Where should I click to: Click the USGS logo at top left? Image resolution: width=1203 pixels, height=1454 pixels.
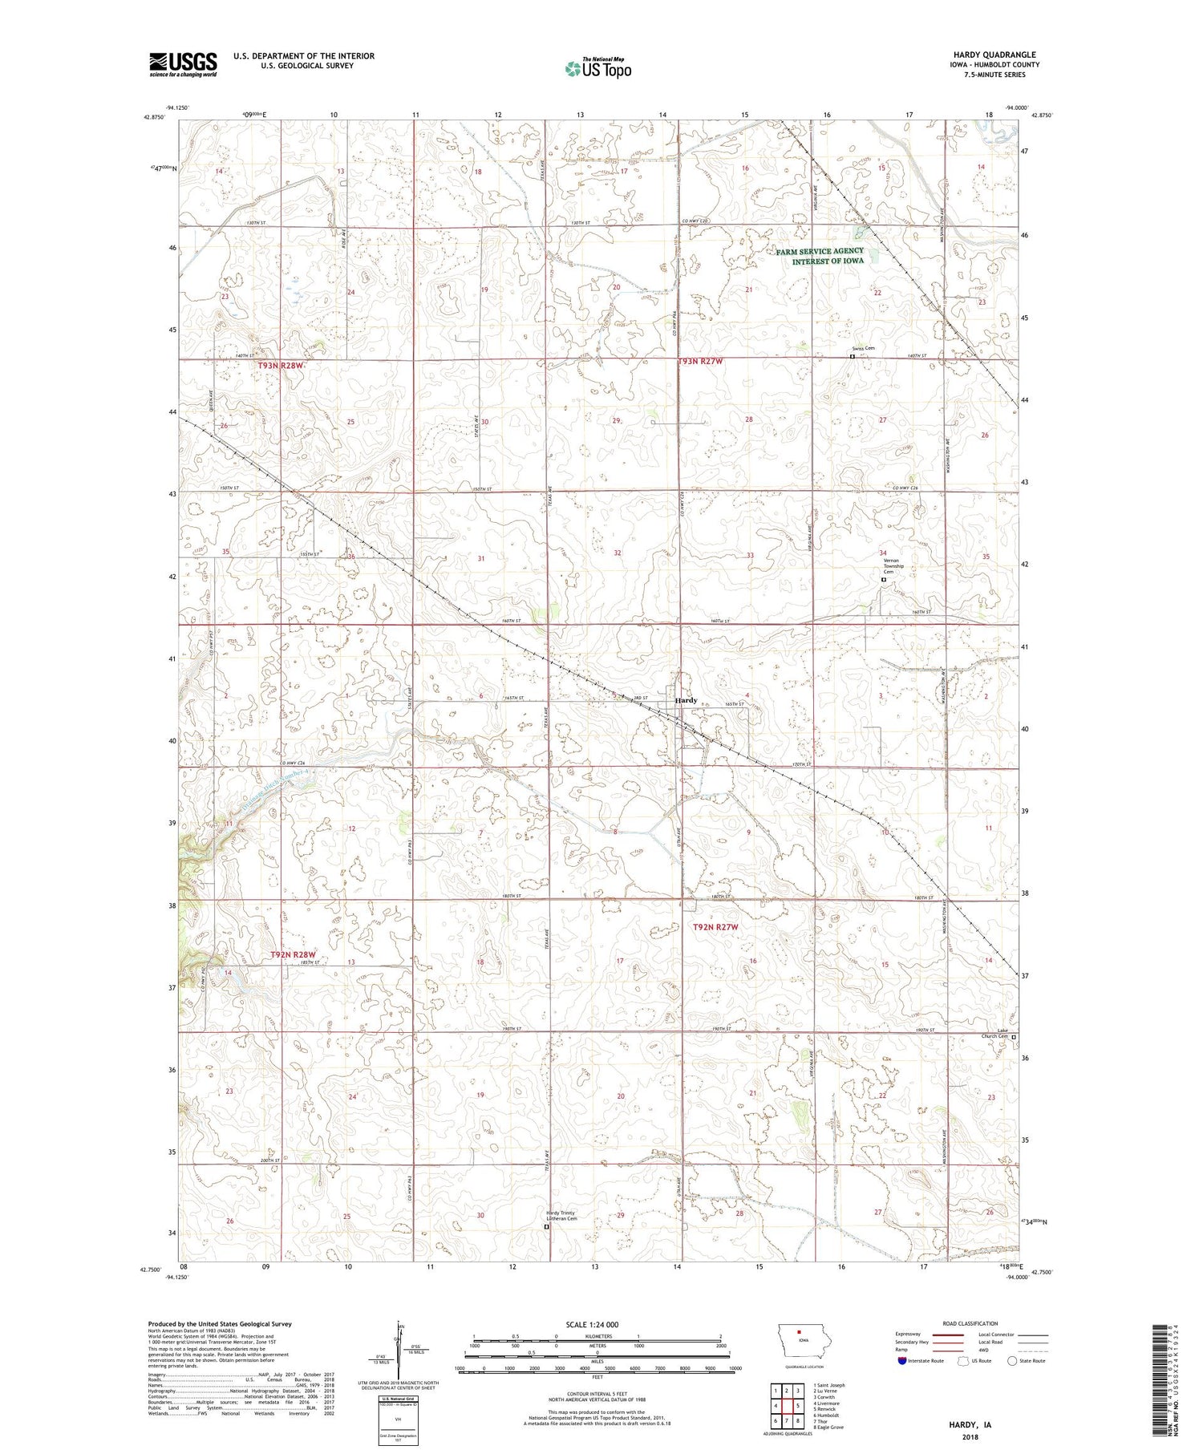coord(183,64)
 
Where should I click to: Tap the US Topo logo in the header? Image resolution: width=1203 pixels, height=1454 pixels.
coord(597,68)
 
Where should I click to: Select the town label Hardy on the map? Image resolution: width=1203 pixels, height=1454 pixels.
coord(686,700)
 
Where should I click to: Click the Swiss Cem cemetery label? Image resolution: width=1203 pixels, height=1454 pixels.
coord(863,349)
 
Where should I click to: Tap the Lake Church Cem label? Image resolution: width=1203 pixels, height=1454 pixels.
coord(997,1034)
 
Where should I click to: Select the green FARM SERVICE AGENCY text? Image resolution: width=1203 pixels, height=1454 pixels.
coord(820,251)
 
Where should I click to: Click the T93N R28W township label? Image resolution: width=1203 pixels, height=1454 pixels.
coord(282,366)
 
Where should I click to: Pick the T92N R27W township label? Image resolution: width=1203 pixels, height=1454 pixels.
coord(715,927)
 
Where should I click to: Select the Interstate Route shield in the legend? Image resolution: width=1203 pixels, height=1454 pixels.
coord(902,1360)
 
